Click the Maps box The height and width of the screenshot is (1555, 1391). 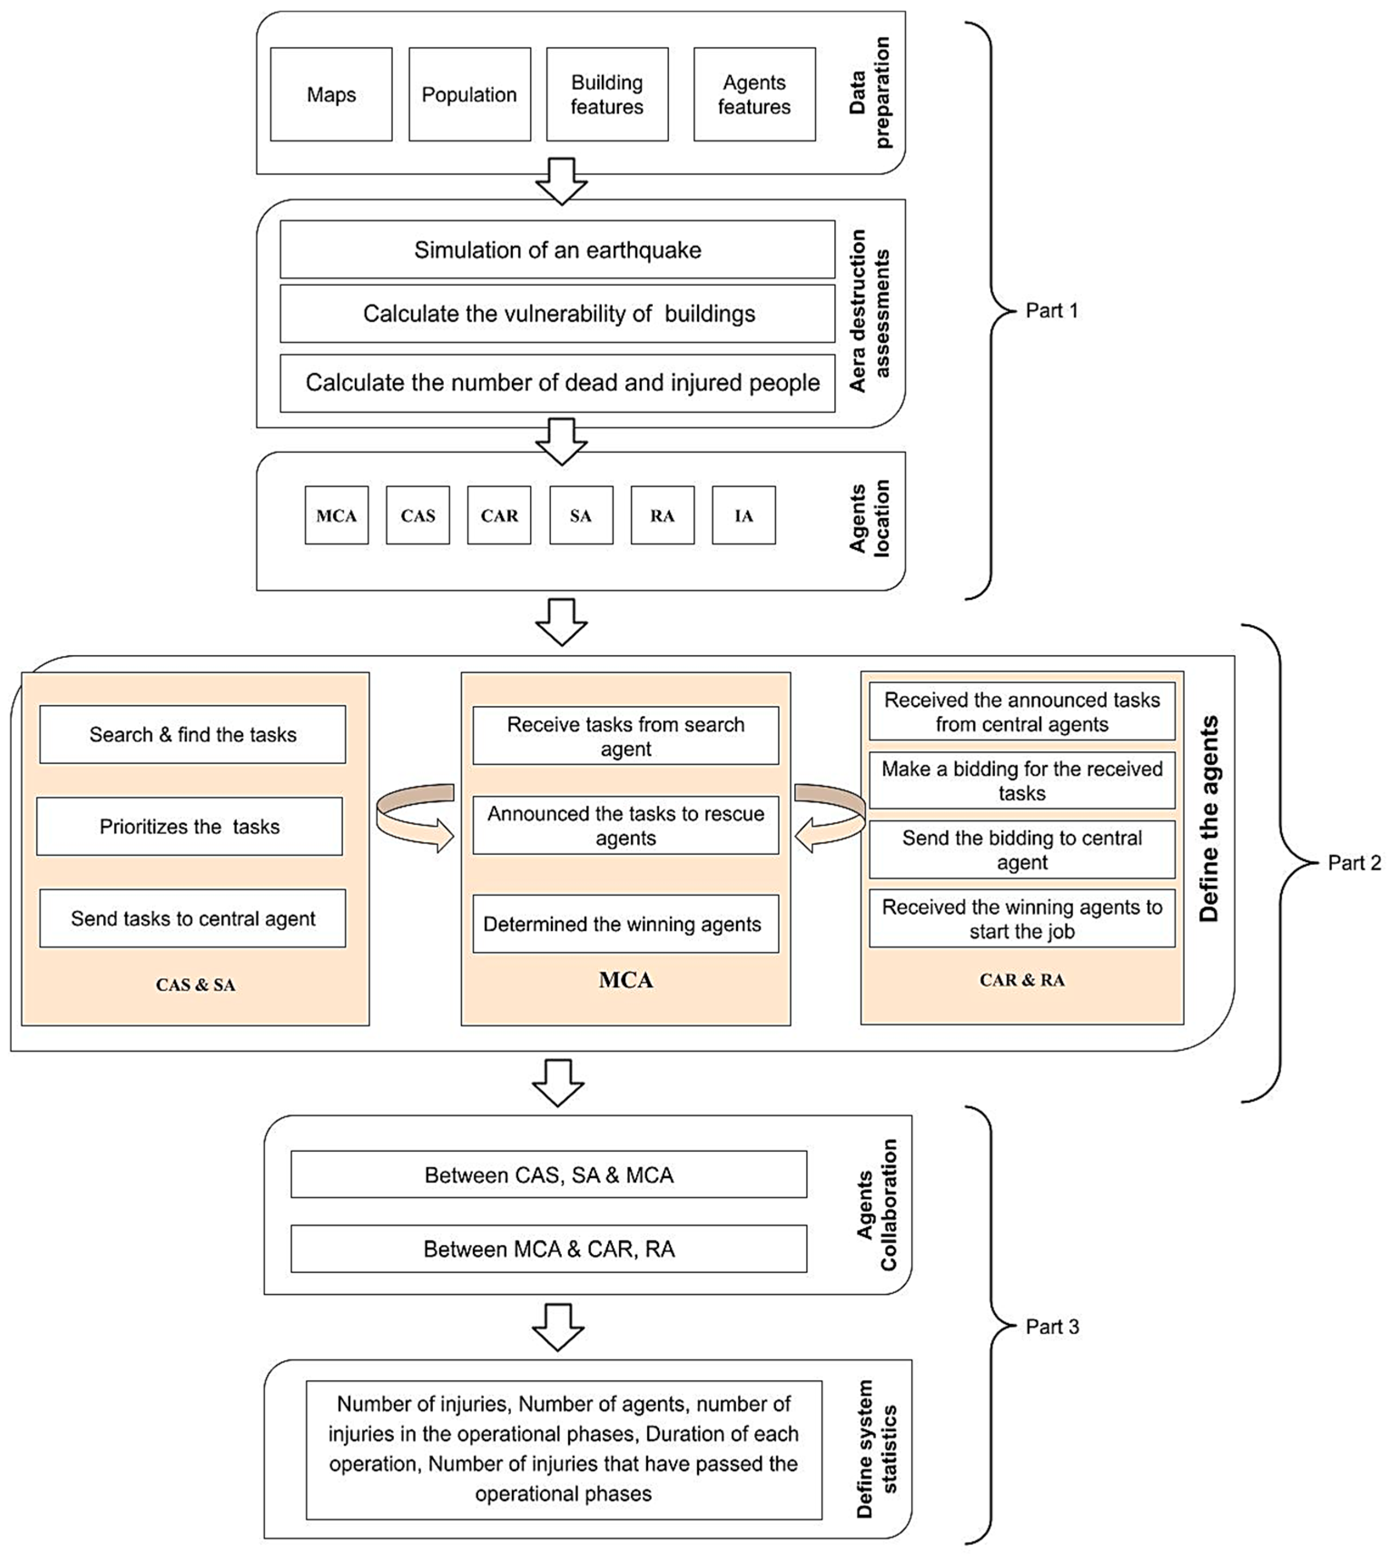331,94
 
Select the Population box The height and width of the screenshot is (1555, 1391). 469,94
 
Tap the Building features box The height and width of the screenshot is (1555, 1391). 607,94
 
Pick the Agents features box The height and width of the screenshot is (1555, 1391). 754,94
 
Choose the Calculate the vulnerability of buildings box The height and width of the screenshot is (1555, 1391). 557,313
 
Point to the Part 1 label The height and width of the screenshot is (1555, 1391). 1052,311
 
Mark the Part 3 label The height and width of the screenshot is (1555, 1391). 1052,1327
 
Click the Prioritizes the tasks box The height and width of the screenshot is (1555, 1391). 190,826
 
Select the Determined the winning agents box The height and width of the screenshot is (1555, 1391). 625,923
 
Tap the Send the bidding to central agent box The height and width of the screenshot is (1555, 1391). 1022,849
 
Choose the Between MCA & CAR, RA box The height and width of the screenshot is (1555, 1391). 549,1249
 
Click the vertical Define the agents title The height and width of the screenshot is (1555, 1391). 1209,819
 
